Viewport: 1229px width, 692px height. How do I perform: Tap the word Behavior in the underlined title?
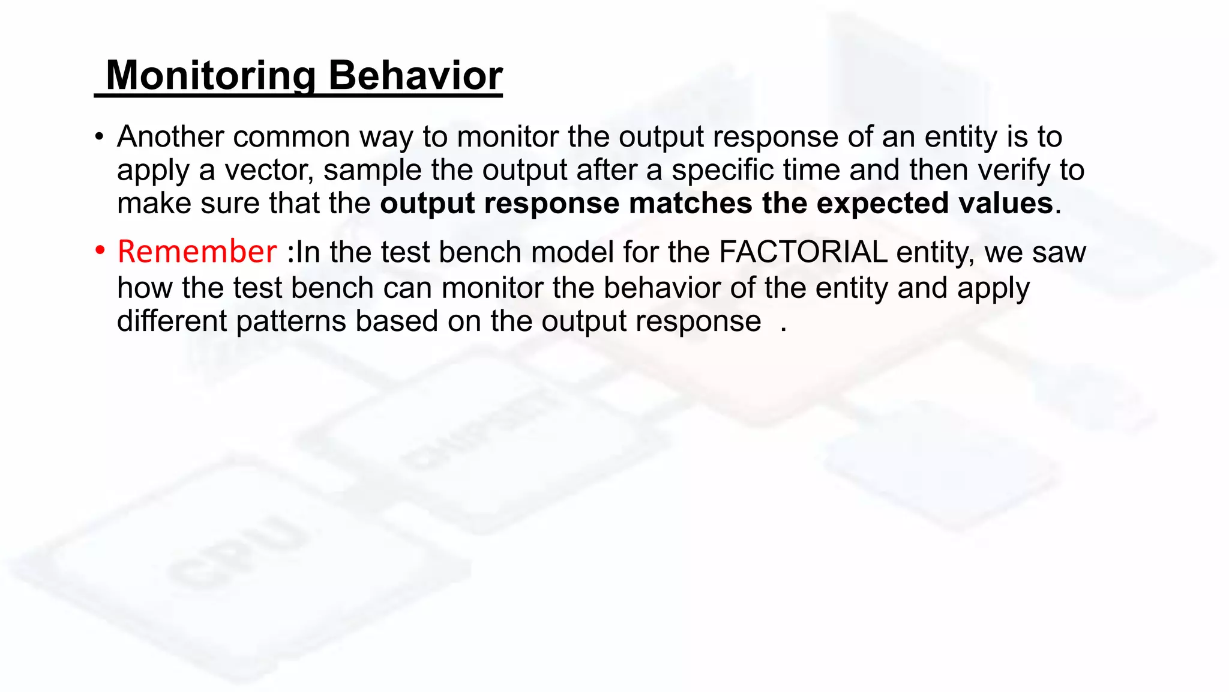click(415, 76)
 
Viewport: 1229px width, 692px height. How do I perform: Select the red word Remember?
click(197, 252)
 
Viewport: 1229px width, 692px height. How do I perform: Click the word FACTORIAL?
click(803, 252)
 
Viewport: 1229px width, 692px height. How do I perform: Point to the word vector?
click(269, 170)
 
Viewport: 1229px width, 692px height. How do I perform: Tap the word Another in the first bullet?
click(170, 137)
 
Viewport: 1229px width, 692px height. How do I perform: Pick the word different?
click(172, 321)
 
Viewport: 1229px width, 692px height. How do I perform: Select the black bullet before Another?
click(100, 136)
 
